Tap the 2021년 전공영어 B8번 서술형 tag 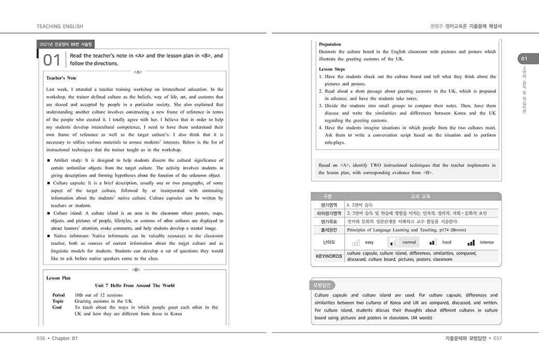66,45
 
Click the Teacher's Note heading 61,78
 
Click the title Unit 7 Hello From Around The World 135,285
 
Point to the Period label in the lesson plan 59,295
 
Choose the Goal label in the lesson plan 57,307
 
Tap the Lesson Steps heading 332,69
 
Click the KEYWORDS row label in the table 329,256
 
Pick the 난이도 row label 329,242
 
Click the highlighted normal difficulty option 404,242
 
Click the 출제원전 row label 329,230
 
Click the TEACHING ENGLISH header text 60,26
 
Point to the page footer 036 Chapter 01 57,338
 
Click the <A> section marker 138,72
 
